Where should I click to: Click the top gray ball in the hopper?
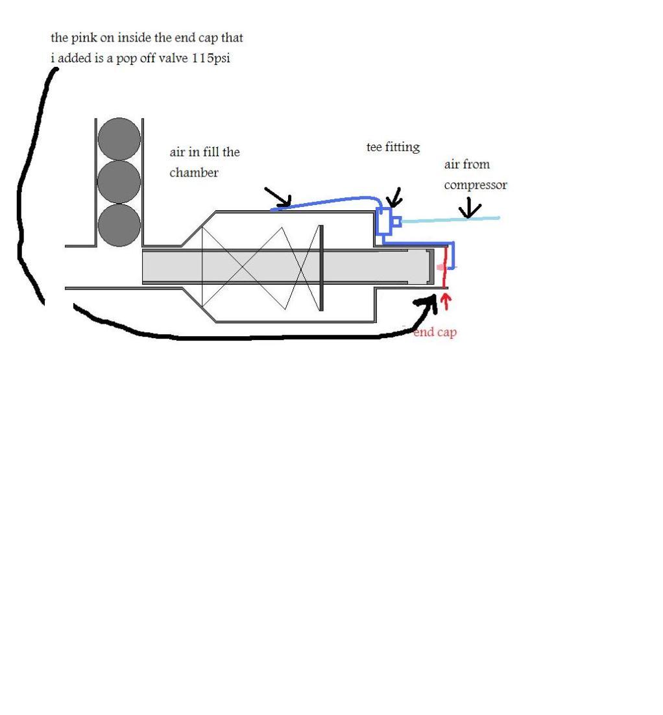coord(119,139)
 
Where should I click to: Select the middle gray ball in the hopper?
coord(119,182)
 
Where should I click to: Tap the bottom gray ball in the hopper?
coord(119,225)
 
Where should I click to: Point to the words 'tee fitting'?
coord(393,147)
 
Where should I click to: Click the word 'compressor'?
coord(476,185)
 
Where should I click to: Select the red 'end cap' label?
coord(435,332)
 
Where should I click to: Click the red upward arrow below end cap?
coord(446,302)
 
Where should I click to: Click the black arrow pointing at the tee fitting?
coord(394,197)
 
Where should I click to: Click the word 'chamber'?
coord(194,173)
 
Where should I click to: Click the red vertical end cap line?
coord(445,266)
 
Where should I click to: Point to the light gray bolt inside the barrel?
coord(285,266)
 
